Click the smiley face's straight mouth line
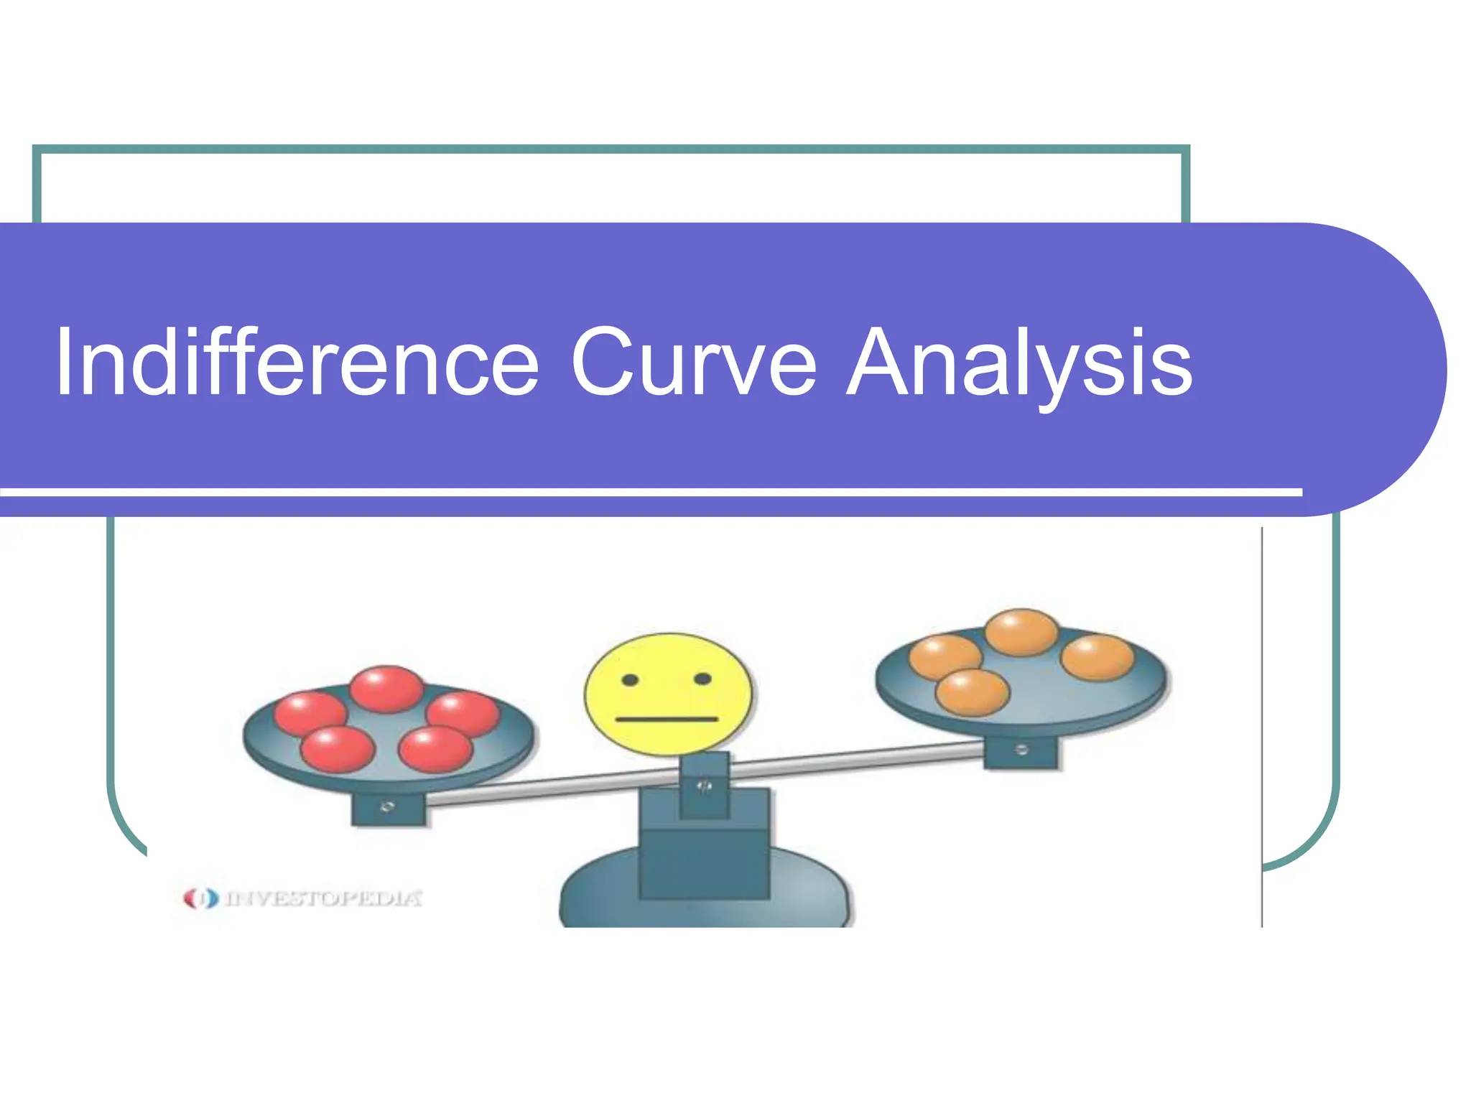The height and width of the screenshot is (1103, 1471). pos(667,719)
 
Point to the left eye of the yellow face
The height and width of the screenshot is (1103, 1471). pos(630,680)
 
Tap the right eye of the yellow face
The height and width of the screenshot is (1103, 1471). pos(702,679)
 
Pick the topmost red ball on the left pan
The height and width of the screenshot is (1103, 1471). pos(386,688)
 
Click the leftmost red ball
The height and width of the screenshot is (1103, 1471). pos(310,713)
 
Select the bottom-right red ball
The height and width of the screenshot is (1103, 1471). pos(435,748)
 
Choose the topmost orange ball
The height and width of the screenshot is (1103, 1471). pos(1021,632)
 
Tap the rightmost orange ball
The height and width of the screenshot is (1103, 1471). pos(1097,657)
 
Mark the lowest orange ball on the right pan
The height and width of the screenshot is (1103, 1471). pos(973,692)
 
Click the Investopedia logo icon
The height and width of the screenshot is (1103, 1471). pos(200,898)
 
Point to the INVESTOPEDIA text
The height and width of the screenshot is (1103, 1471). pos(323,898)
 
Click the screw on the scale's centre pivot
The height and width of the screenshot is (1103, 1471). pos(704,787)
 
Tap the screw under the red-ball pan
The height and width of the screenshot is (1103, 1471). pos(387,807)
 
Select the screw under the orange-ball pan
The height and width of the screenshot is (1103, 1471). pos(1021,750)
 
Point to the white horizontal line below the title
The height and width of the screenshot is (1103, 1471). pos(646,493)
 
